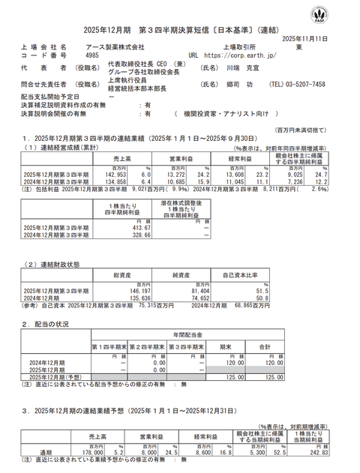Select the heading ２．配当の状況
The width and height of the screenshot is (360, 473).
pyautogui.click(x=52, y=324)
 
